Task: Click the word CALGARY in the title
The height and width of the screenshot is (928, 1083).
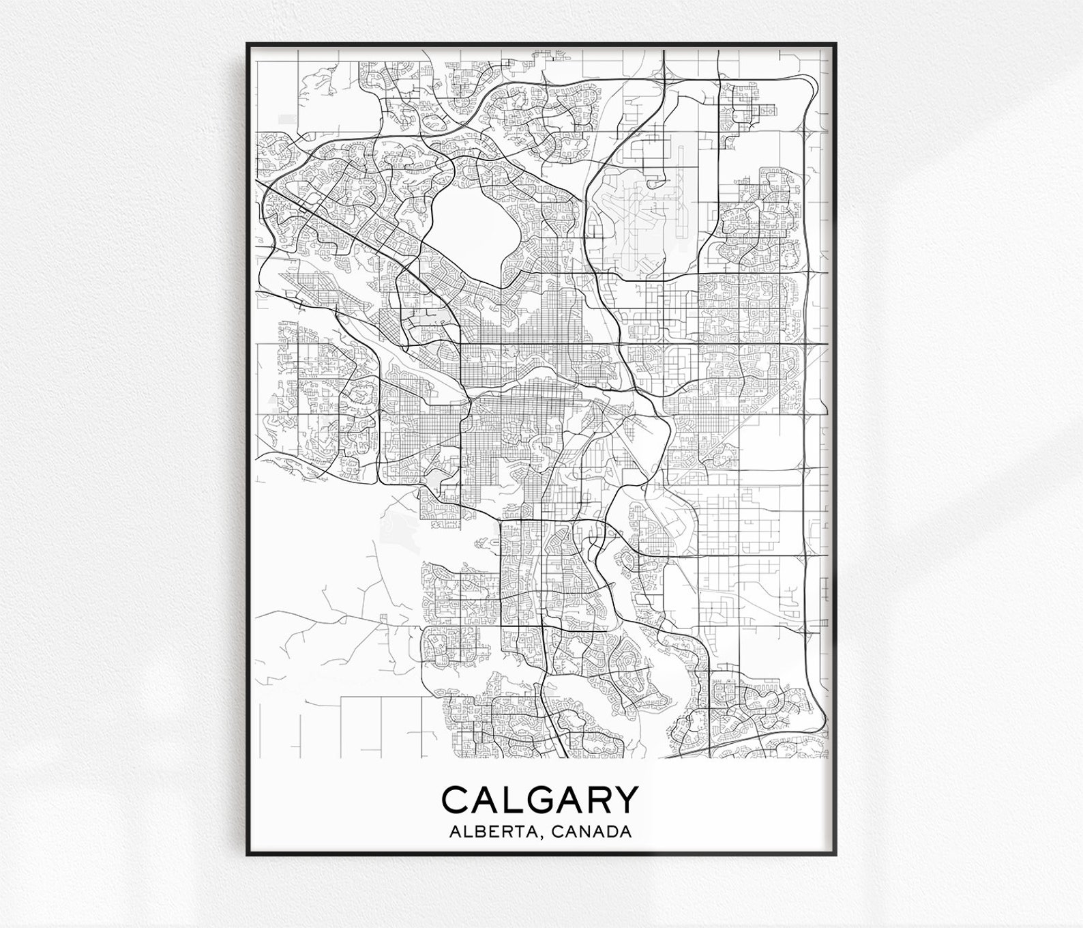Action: (541, 800)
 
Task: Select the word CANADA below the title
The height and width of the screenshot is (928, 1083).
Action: (591, 832)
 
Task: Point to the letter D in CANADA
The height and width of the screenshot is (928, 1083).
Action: (611, 832)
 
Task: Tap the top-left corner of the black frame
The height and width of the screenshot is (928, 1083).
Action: (248, 44)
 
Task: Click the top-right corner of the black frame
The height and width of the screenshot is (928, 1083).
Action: (836, 44)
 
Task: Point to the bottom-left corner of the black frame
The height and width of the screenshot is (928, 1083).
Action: (248, 854)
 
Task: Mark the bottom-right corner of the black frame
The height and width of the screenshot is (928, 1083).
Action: (836, 854)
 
